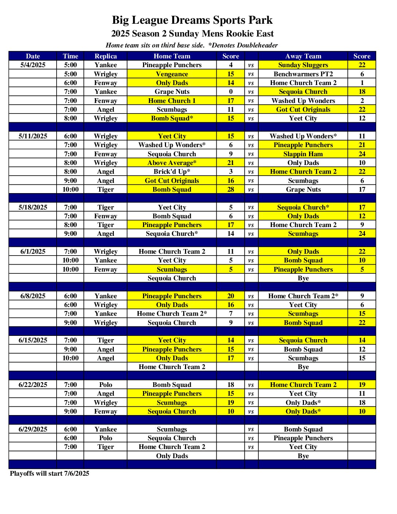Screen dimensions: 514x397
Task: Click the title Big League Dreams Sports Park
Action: (x=192, y=20)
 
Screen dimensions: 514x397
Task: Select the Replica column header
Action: (x=105, y=56)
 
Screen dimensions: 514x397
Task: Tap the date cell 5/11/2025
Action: (x=33, y=136)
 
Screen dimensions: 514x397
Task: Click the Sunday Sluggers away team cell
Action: (x=303, y=65)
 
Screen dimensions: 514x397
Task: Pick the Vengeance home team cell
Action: (x=172, y=74)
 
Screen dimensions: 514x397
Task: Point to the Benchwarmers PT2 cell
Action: (x=303, y=74)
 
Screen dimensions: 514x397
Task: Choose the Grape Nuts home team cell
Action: (x=172, y=92)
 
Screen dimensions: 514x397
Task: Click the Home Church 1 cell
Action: (x=172, y=101)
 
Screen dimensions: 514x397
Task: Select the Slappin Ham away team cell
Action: (x=303, y=154)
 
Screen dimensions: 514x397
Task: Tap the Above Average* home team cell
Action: (x=172, y=163)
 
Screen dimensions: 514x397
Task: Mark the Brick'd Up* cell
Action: (x=172, y=172)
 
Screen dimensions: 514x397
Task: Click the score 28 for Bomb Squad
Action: (x=231, y=189)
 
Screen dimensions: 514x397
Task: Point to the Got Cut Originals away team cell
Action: (x=303, y=110)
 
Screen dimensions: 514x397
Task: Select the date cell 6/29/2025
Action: (x=33, y=429)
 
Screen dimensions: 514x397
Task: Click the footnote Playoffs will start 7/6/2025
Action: (x=50, y=473)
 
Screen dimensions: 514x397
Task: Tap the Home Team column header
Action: (x=172, y=56)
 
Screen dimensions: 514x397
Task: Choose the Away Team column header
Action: (x=303, y=56)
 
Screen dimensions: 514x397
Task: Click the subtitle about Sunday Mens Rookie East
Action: (x=192, y=34)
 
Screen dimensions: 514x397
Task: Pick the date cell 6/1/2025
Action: (x=33, y=252)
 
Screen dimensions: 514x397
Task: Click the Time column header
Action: (x=70, y=56)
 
